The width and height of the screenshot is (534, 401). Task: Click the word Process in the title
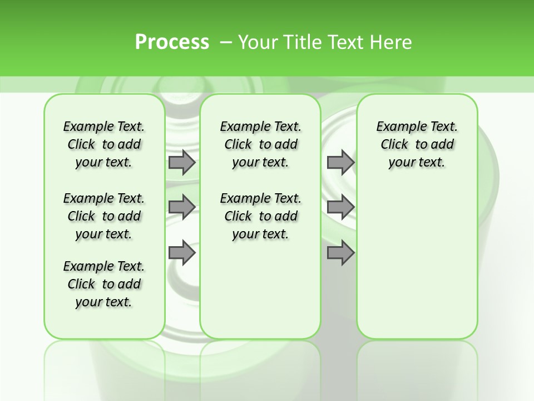172,42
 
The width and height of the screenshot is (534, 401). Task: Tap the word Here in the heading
392,42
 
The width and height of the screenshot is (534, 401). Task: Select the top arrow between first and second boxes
181,162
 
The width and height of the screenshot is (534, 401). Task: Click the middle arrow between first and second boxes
181,207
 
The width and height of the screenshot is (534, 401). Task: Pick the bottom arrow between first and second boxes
181,253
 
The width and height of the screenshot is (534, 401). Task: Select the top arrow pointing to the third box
340,162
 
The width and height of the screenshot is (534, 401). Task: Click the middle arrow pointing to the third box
340,207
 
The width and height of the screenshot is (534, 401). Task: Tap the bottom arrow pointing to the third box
340,253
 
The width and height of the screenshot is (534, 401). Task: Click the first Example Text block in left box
104,144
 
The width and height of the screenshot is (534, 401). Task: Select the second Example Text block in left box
104,216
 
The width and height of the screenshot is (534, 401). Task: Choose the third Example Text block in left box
104,284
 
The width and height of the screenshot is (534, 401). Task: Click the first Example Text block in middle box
261,144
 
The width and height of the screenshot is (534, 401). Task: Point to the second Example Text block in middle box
261,216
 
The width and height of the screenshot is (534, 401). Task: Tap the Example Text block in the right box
417,144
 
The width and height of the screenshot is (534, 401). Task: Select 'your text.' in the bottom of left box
104,302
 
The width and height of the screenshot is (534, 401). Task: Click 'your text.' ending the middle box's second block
261,234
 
